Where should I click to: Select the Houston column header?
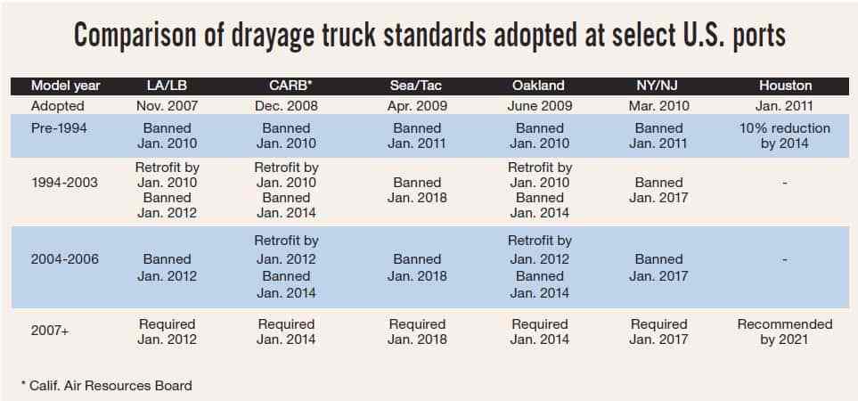(x=785, y=86)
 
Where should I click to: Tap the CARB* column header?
(x=286, y=86)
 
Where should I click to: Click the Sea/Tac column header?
(x=417, y=86)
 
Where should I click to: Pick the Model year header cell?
(x=66, y=86)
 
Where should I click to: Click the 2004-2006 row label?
(x=65, y=258)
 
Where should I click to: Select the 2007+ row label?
(x=50, y=331)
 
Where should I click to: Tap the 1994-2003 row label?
(x=64, y=182)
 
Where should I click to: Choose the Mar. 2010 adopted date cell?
(x=658, y=106)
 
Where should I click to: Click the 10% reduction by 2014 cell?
(x=784, y=135)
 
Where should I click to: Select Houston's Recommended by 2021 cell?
(x=784, y=331)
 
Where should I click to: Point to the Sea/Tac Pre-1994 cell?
(x=417, y=135)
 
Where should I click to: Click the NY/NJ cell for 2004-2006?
(x=658, y=267)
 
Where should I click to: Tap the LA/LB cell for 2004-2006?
(x=167, y=267)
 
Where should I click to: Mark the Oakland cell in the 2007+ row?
(x=540, y=331)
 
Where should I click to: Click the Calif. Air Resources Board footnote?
(x=106, y=385)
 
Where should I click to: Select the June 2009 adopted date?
(x=540, y=106)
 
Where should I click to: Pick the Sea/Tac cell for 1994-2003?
(x=417, y=189)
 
